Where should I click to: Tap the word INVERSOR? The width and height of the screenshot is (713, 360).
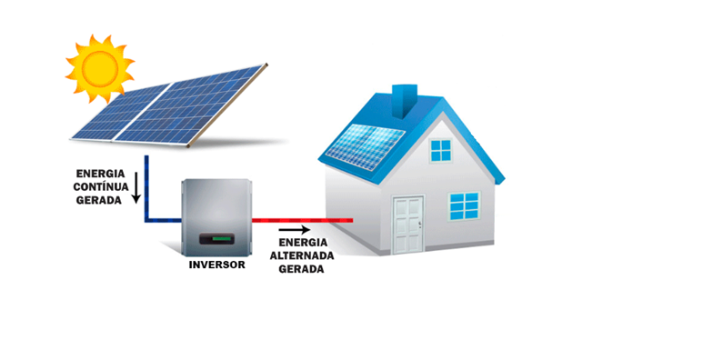(217, 265)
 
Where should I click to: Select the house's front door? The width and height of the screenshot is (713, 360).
(407, 225)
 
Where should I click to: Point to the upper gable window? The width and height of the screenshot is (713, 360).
(441, 149)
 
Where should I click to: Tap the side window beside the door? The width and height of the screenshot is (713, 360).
(464, 207)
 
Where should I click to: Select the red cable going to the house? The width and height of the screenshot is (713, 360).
(300, 220)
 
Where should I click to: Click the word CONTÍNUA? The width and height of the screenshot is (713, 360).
(101, 186)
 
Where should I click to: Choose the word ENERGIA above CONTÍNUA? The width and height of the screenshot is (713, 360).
(101, 173)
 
